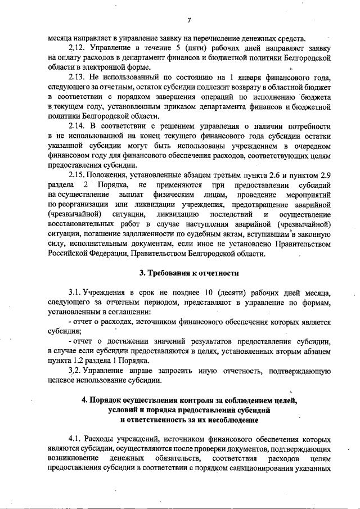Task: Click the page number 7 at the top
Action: click(x=190, y=21)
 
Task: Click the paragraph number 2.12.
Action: click(x=76, y=48)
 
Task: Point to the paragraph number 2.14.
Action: click(x=76, y=124)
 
